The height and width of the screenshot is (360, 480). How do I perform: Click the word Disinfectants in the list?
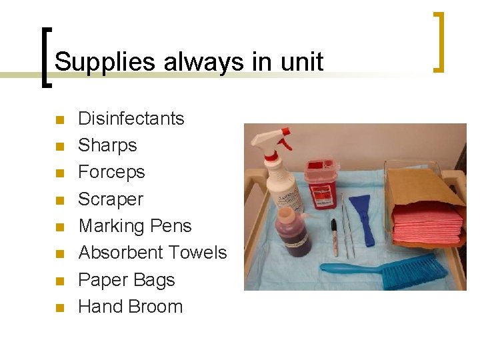[131, 119]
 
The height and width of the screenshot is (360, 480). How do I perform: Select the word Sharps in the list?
[107, 145]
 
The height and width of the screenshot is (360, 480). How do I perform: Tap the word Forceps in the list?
[111, 172]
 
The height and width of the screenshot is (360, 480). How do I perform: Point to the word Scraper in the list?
[111, 199]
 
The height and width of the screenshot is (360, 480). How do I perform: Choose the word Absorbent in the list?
[115, 253]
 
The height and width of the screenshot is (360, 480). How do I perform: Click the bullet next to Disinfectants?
[59, 121]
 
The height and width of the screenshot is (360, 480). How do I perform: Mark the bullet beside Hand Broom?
[59, 309]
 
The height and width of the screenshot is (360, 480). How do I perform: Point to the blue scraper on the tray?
[362, 213]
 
